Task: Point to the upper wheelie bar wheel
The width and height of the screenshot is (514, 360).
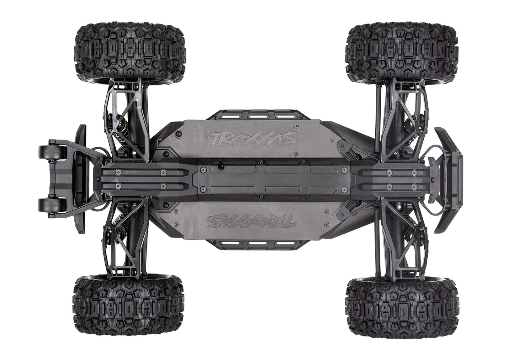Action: coord(49,153)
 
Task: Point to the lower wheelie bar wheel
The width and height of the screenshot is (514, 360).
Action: coord(49,206)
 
